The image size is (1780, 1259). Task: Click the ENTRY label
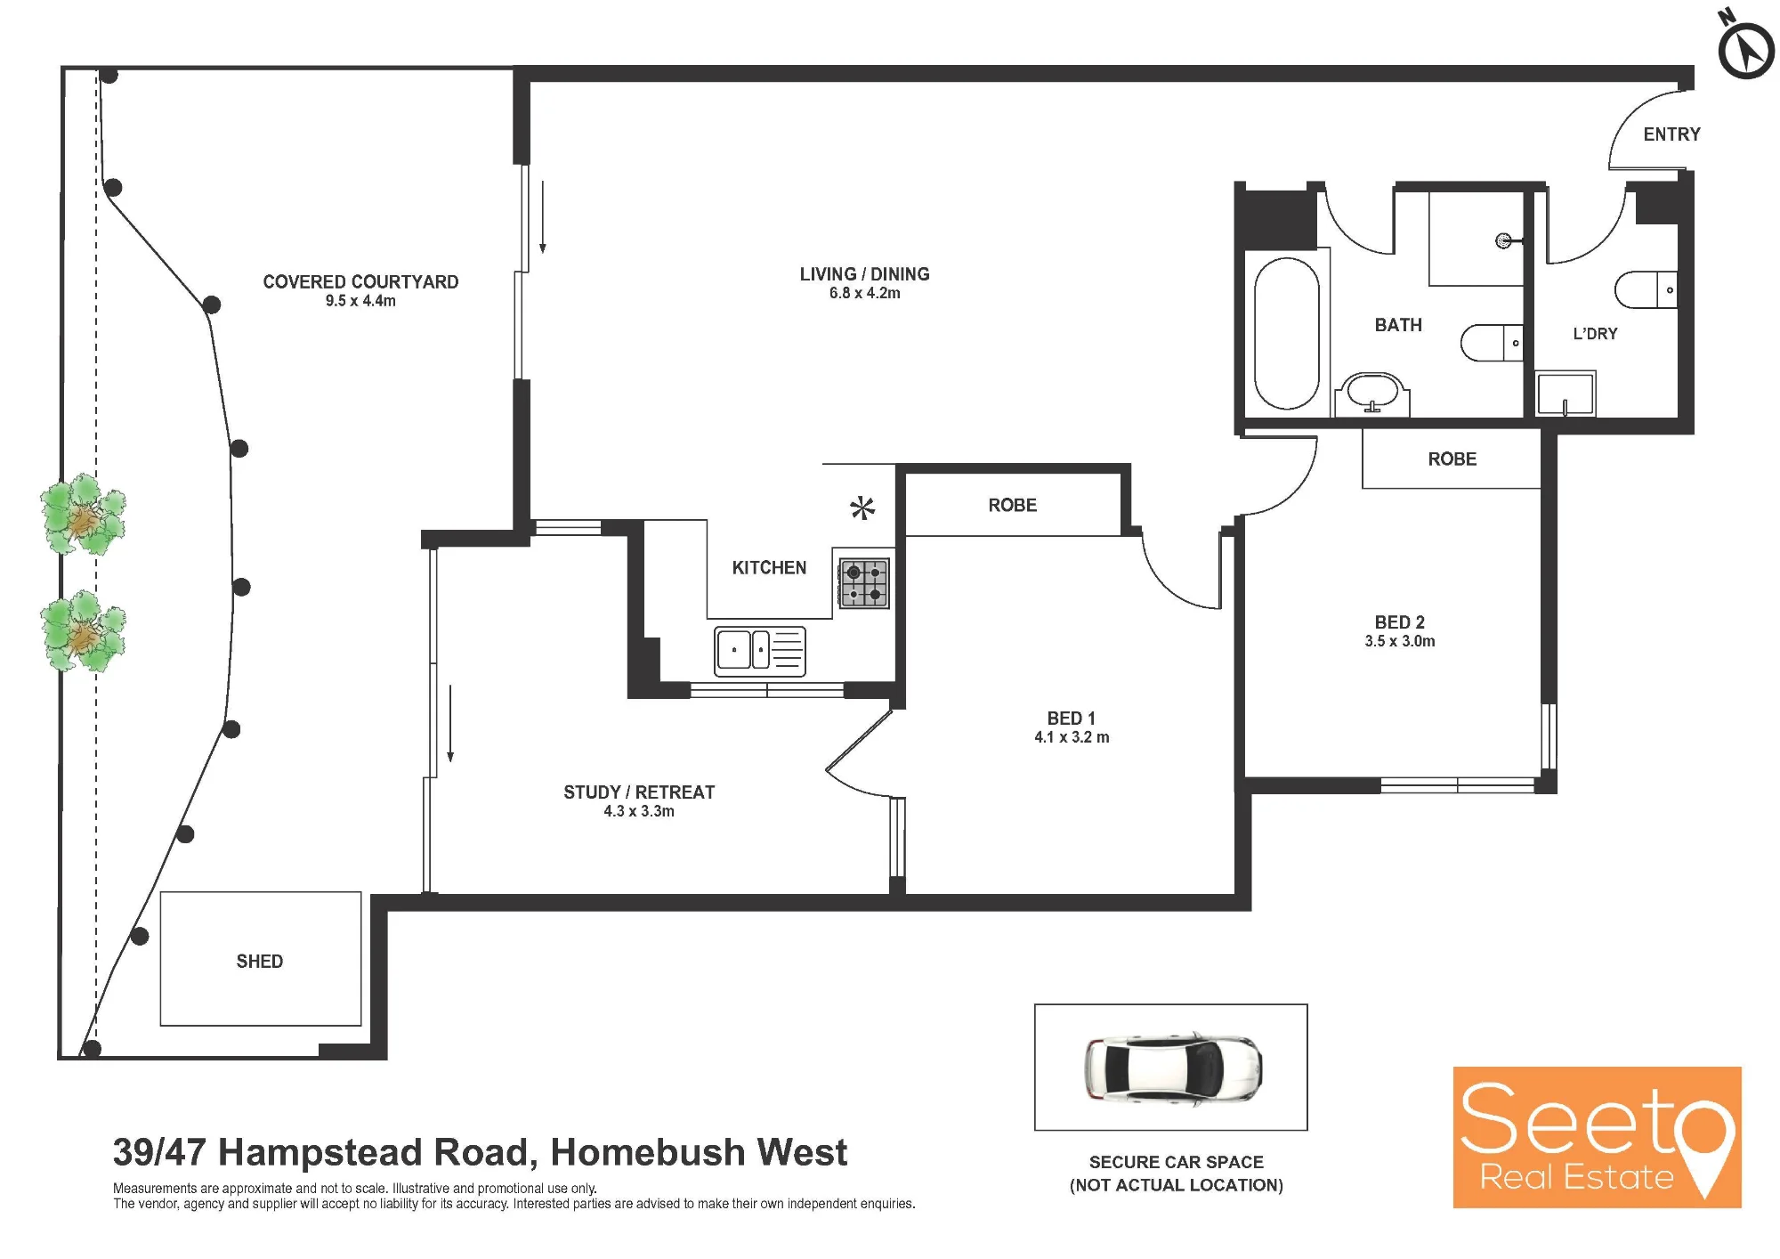coord(1671,134)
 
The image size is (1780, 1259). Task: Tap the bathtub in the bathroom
coord(1286,333)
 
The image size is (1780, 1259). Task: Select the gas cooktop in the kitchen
coord(864,583)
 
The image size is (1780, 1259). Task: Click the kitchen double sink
coord(760,651)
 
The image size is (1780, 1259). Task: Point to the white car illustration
coord(1173,1067)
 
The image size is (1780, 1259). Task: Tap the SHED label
coord(260,962)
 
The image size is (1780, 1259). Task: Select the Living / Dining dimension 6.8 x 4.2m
coord(864,294)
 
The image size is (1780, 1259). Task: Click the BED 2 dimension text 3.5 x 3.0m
coord(1400,641)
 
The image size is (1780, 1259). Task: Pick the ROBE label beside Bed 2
coord(1452,459)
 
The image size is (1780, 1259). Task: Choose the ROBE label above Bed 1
coord(1013,506)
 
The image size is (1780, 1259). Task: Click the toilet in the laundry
coord(1646,289)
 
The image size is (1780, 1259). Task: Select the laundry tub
coord(1566,394)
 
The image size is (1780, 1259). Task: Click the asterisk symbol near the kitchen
coord(862,508)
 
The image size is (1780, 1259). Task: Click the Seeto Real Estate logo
coord(1597,1137)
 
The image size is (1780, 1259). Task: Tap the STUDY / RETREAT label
coord(639,792)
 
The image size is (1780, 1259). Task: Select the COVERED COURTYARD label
coord(360,282)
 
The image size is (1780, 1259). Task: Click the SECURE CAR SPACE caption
coord(1177,1162)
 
